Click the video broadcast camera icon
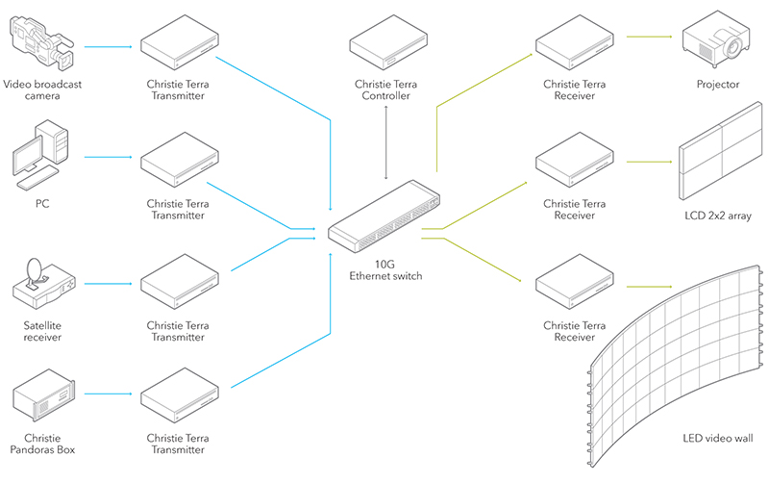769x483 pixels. coord(41,43)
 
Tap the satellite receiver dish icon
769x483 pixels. coord(41,280)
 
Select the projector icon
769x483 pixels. coord(717,40)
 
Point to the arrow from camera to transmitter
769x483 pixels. coord(108,45)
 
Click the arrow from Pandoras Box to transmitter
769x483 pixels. coord(108,394)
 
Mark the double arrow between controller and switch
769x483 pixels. coord(386,142)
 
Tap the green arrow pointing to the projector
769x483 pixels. coord(650,38)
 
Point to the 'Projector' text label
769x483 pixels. coord(718,85)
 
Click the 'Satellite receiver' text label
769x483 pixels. coord(41,332)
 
